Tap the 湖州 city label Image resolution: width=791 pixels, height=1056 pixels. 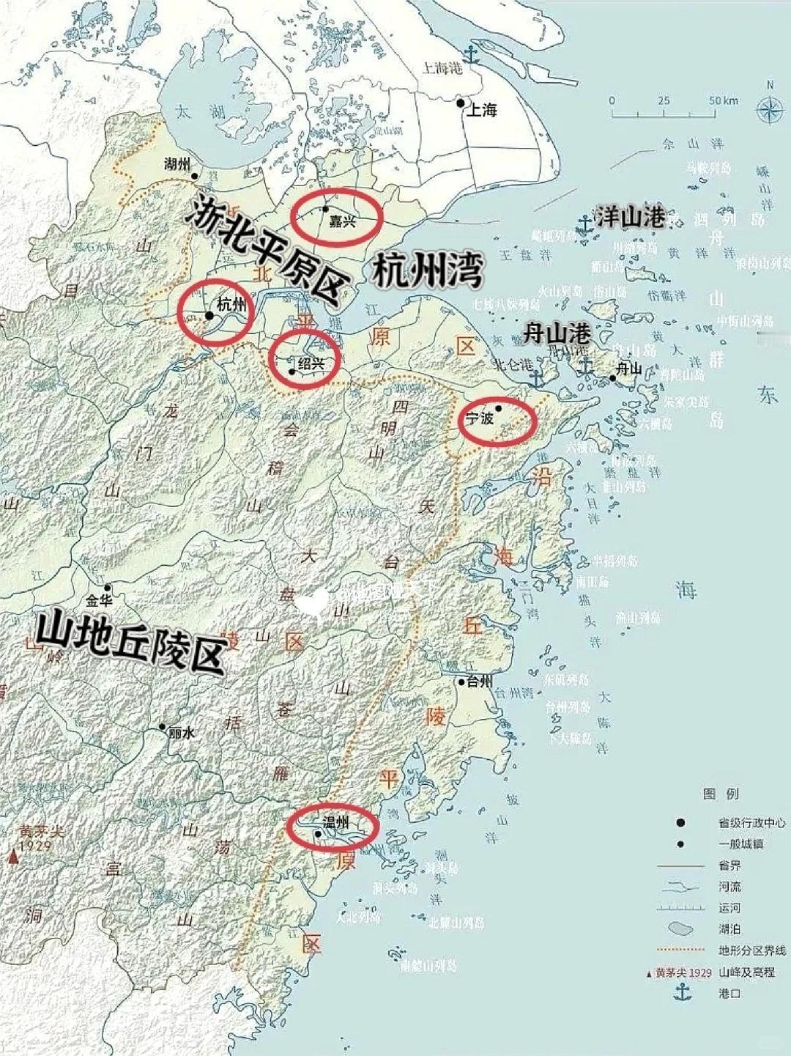point(177,163)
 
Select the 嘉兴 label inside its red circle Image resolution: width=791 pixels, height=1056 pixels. point(341,221)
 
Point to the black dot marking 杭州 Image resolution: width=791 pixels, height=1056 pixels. point(209,316)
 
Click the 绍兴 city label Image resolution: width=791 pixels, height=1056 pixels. point(311,362)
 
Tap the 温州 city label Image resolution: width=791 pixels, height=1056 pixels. point(335,822)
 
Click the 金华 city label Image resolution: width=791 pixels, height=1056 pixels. point(100,601)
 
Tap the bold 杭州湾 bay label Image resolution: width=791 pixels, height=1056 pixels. point(428,272)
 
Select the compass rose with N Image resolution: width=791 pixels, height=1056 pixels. point(769,110)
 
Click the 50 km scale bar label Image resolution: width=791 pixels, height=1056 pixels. point(723,100)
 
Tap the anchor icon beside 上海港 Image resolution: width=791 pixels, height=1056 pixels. point(472,54)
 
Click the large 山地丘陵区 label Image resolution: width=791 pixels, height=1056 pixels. point(129,642)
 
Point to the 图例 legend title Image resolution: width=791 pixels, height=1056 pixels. point(721,794)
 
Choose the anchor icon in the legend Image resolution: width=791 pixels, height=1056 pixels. point(682,993)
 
